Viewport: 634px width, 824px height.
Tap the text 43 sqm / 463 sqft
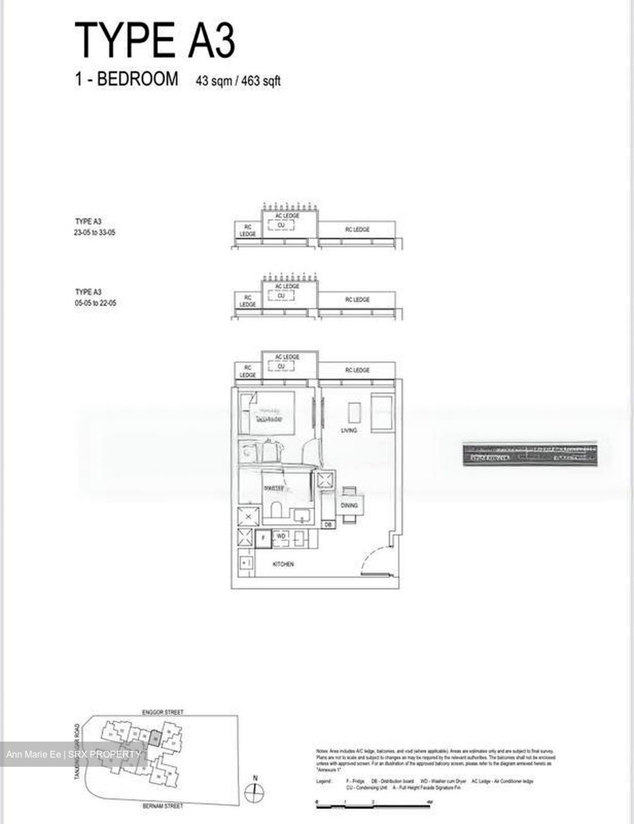point(238,81)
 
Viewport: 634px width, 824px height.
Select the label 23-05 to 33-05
point(95,232)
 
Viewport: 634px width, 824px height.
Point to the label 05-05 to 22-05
point(95,303)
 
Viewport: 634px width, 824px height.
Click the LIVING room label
point(349,430)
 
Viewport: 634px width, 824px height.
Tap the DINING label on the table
point(349,505)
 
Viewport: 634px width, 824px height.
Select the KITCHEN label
point(283,564)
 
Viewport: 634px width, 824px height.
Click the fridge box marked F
point(263,538)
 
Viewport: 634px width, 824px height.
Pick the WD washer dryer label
point(281,536)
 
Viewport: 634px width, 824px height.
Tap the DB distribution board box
point(328,524)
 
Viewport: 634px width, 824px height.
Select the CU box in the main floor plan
point(281,367)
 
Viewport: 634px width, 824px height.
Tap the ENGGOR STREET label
point(163,712)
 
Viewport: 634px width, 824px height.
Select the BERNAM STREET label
point(163,806)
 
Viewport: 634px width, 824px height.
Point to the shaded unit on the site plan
point(153,738)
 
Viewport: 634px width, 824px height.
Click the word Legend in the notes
point(324,781)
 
